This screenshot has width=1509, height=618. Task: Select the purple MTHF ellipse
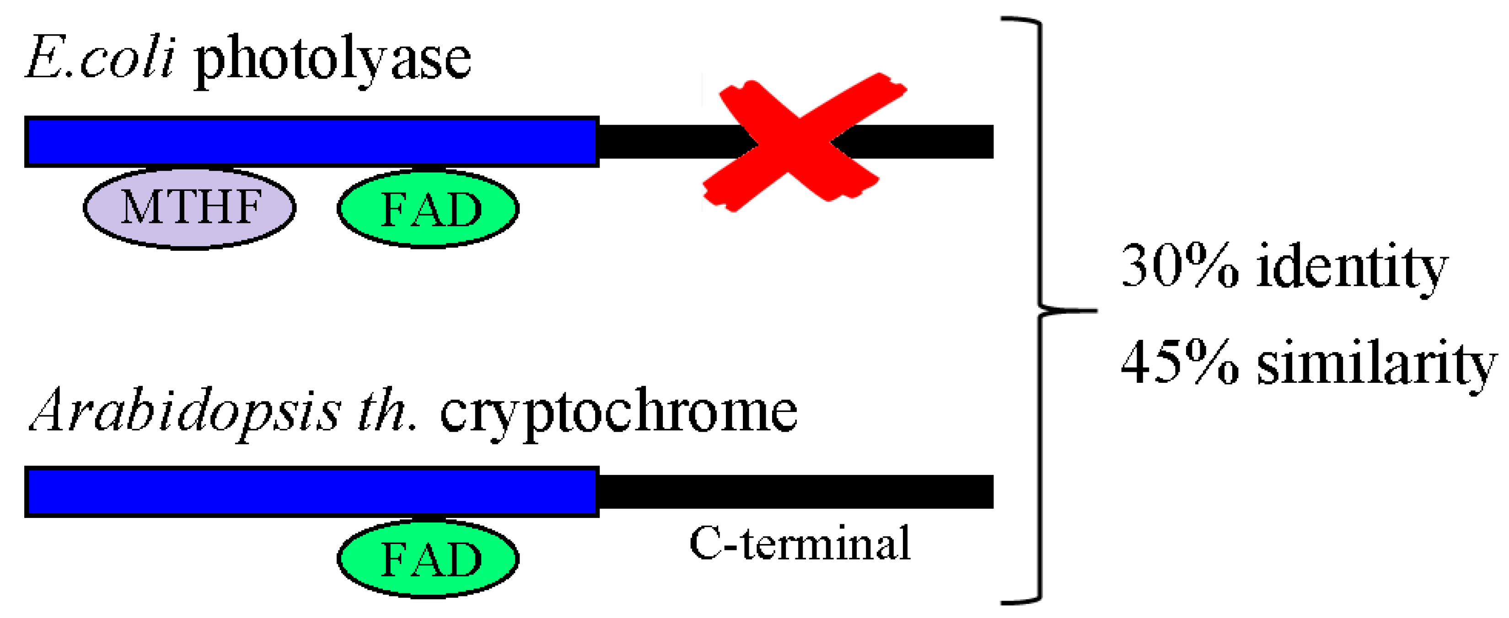tap(189, 208)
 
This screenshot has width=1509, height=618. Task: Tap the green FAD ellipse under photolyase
tap(428, 208)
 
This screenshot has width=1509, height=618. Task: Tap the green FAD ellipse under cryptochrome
tap(428, 558)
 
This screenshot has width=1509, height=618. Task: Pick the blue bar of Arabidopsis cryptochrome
tap(311, 491)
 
